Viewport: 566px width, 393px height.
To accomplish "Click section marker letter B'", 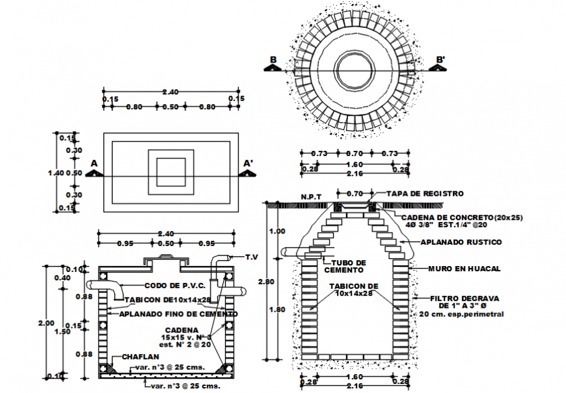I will point(440,61).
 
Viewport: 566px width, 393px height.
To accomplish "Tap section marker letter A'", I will point(248,163).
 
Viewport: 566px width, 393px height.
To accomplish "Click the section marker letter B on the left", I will point(273,61).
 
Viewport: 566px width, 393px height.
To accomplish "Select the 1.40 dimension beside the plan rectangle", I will point(57,173).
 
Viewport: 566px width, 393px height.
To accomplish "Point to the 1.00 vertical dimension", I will point(276,231).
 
